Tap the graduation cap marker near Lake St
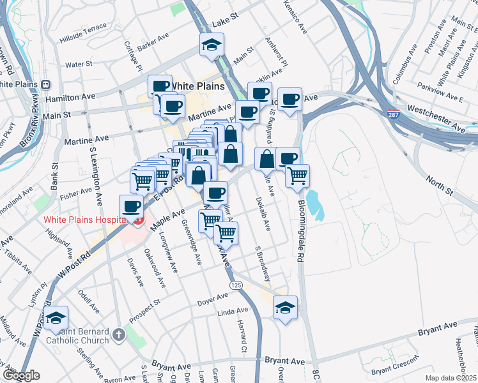210,45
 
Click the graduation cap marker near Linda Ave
285,307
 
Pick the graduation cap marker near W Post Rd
56,317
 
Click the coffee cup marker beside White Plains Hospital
132,206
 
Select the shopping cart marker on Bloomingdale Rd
297,176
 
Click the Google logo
21,375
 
